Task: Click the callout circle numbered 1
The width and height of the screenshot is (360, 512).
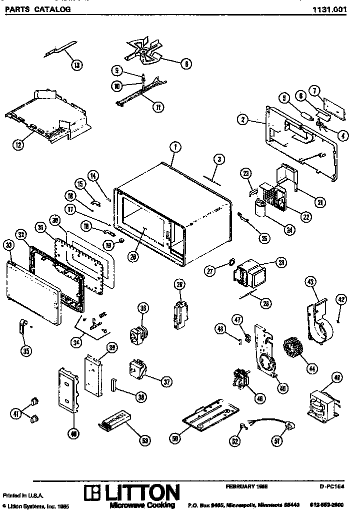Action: pos(174,147)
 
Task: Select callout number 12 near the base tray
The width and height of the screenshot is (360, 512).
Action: pos(18,145)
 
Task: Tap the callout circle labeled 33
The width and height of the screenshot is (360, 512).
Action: pos(8,246)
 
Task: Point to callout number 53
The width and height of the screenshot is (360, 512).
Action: pos(144,440)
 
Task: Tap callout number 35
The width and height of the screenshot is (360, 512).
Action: pos(26,351)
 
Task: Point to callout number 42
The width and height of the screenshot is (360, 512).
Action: pos(340,299)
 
